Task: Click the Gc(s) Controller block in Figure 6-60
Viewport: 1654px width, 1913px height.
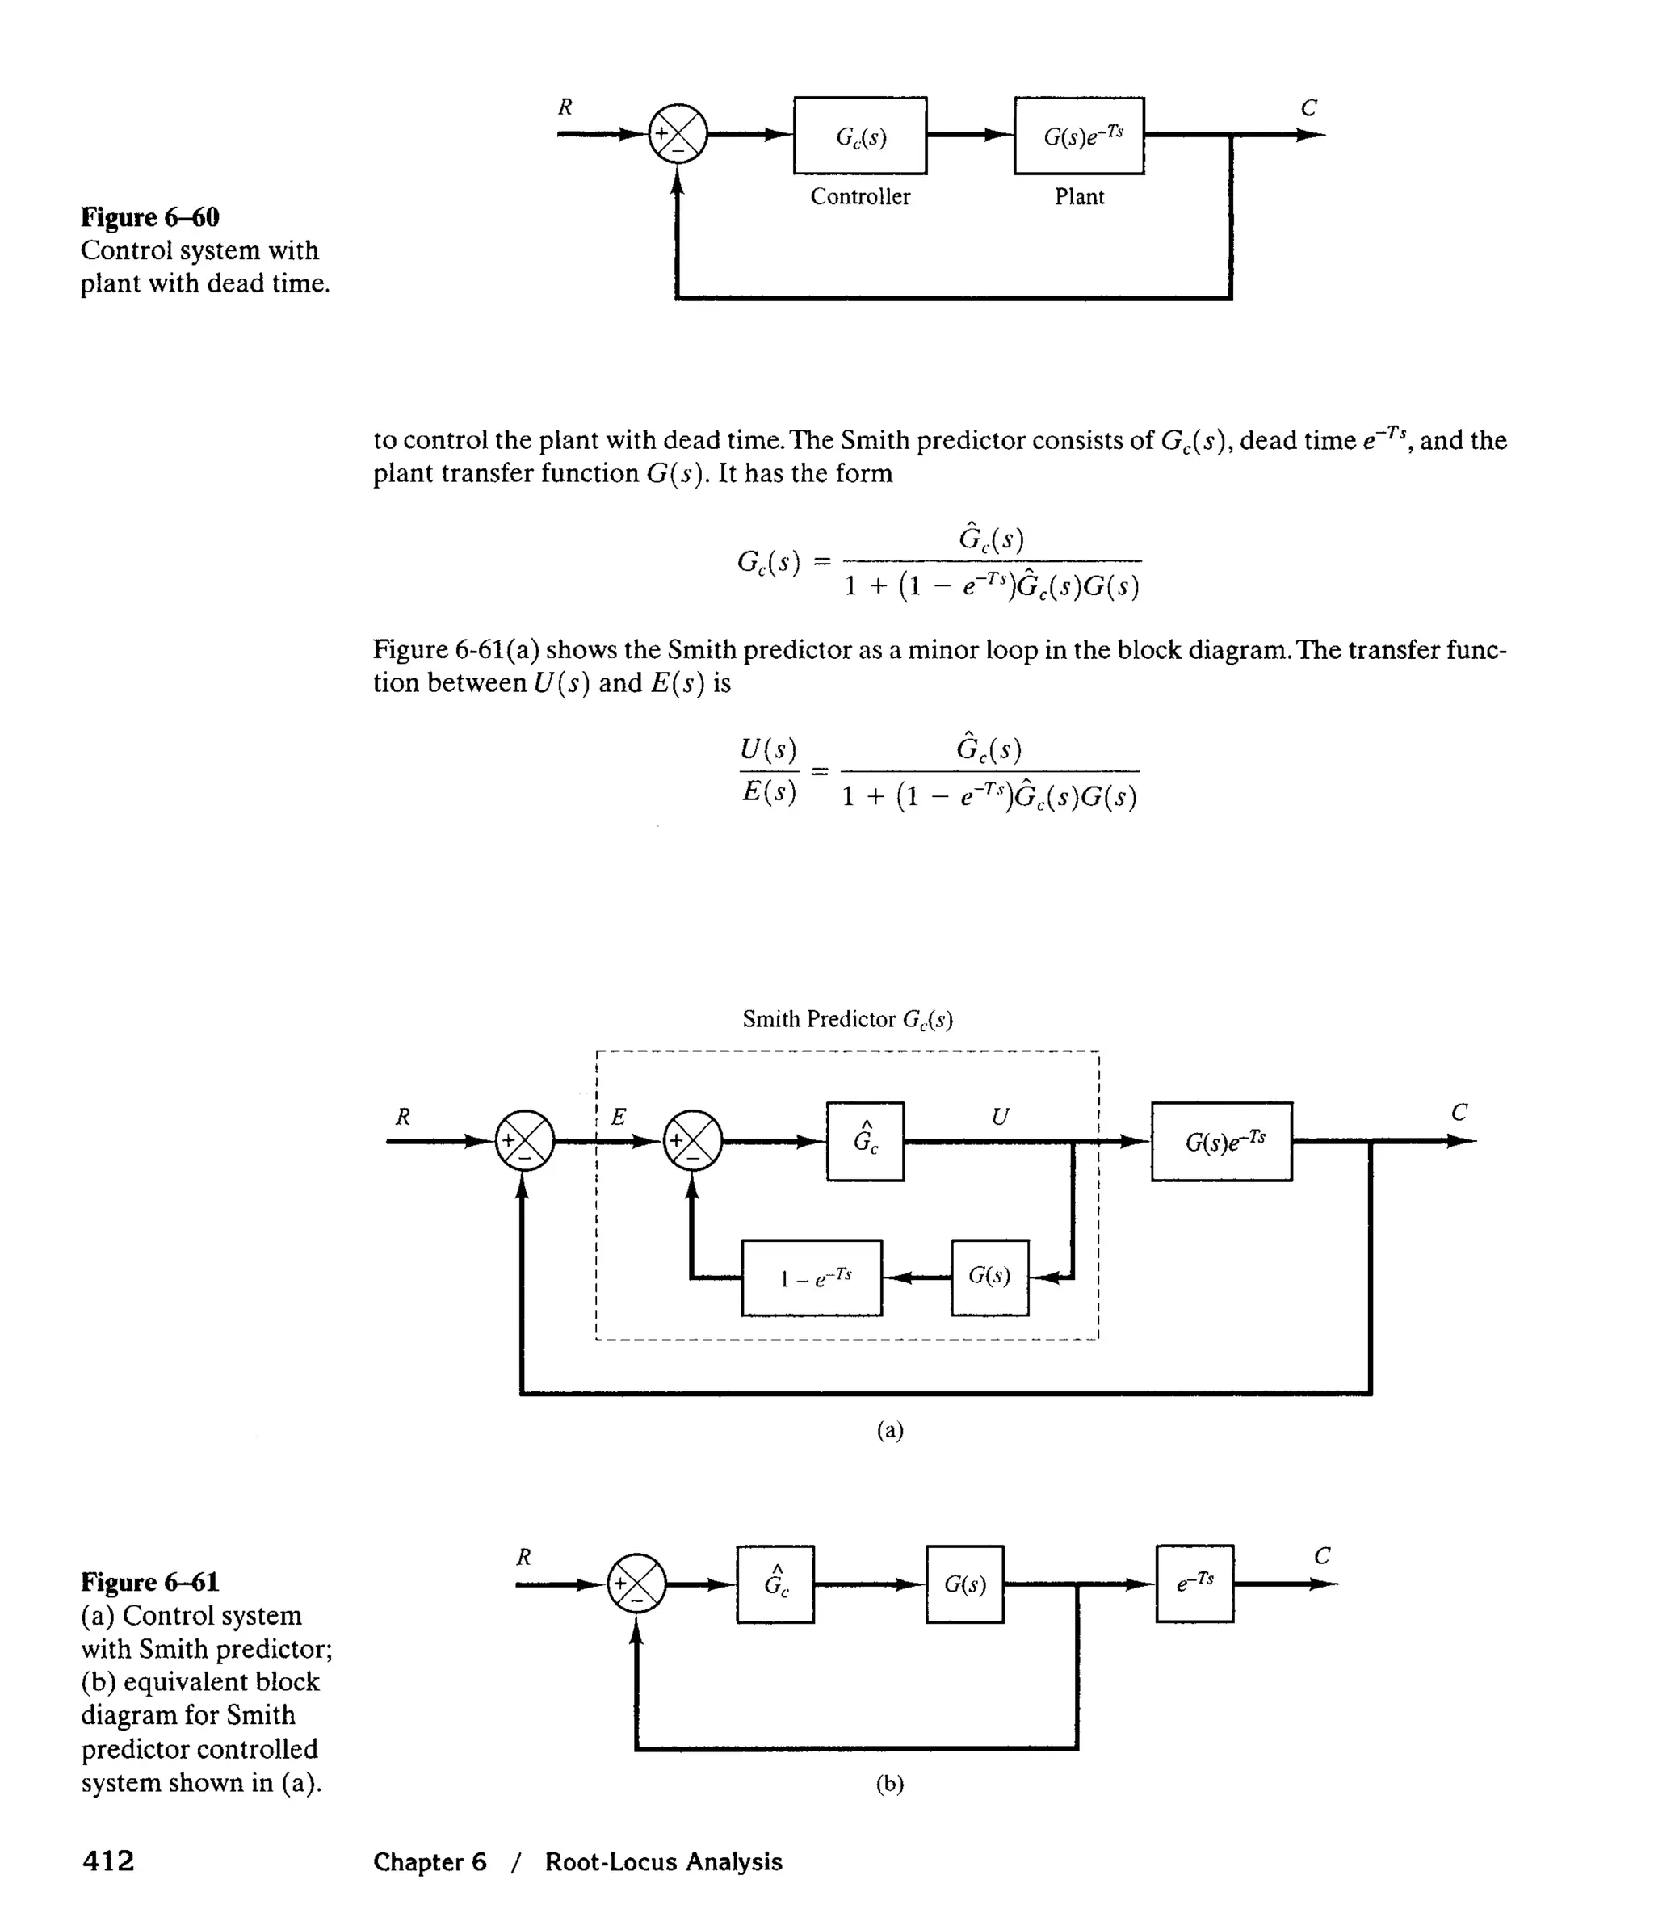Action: pos(860,136)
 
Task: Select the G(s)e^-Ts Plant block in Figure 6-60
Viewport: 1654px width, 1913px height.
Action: pos(1079,136)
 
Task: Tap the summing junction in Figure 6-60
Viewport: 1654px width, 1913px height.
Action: pos(678,135)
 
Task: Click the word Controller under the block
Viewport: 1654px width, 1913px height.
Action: pos(860,197)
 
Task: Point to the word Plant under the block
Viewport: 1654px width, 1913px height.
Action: pos(1079,197)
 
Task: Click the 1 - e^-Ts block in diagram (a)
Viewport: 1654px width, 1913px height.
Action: pos(812,1277)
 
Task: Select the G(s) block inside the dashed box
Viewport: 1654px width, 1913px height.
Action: pos(989,1277)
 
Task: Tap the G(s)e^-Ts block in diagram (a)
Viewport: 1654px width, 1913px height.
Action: pos(1221,1142)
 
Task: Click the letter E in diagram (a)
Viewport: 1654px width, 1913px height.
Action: pos(619,1117)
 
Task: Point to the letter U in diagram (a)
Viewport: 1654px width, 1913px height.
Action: pos(999,1117)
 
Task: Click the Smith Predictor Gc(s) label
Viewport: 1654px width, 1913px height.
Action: pos(847,1019)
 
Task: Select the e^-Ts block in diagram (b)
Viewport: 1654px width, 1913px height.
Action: pos(1194,1584)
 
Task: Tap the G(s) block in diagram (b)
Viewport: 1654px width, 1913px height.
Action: pos(964,1584)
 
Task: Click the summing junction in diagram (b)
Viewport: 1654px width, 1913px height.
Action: pos(636,1584)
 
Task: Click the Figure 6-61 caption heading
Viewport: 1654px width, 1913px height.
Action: pos(150,1583)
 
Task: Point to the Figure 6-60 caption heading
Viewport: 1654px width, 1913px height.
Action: pos(150,218)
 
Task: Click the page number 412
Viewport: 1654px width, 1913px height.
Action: pos(108,1861)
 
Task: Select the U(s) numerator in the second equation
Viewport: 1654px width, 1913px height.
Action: pos(768,749)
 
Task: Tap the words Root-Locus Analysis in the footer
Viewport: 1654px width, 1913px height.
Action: pos(663,1861)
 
